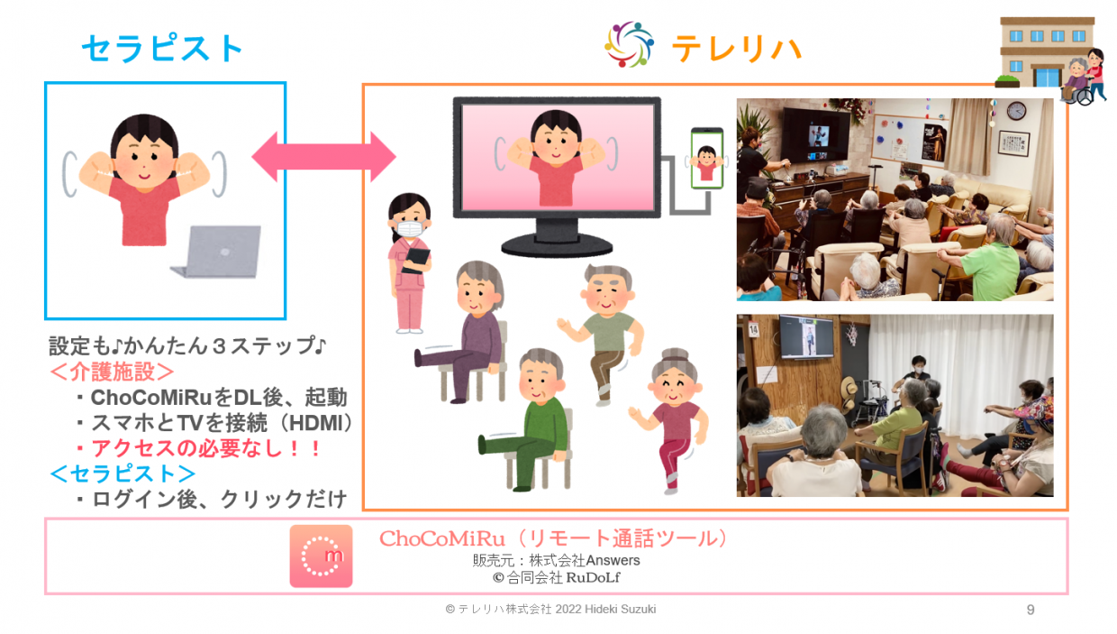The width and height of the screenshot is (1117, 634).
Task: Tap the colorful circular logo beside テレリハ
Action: coord(629,45)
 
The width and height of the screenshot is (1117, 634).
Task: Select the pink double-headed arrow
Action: coord(323,157)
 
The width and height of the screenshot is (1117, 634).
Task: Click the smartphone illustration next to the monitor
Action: coord(707,159)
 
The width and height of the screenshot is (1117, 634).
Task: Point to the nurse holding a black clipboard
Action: coord(410,262)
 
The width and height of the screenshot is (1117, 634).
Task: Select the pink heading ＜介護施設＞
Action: coord(113,372)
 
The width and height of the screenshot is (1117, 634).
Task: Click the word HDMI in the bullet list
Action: coord(320,422)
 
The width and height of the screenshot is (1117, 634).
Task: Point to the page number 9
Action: coord(1031,610)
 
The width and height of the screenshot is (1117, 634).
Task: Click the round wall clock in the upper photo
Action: coord(1016,111)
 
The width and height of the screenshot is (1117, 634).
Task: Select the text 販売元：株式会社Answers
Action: coord(556,560)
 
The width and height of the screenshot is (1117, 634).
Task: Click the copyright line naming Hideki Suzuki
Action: coord(550,610)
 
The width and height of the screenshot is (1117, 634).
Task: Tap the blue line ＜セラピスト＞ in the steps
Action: coord(123,473)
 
